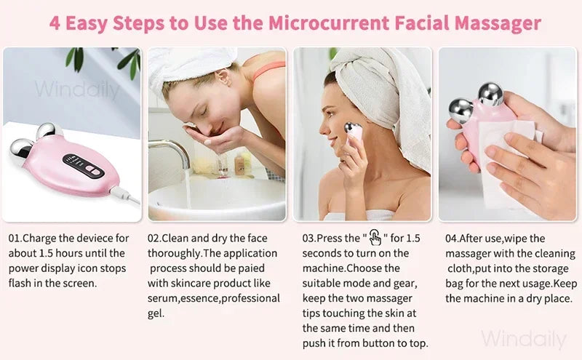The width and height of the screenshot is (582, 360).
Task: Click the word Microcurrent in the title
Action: click(x=324, y=23)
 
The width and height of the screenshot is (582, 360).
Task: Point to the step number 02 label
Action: click(x=154, y=239)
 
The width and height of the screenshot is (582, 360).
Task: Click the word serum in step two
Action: click(x=164, y=298)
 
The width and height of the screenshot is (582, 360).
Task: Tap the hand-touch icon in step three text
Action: click(x=375, y=238)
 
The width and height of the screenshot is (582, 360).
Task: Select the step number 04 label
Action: click(x=453, y=239)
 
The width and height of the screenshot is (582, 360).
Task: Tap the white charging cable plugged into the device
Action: click(x=127, y=194)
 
